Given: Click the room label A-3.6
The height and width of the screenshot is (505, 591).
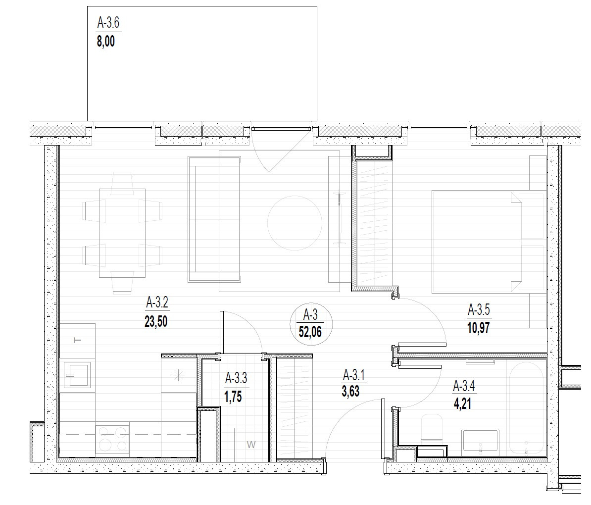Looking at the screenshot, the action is tap(108, 23).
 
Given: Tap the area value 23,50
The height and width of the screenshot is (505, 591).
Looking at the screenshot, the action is tap(155, 322).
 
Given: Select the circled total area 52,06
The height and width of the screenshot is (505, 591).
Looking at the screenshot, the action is tap(310, 332).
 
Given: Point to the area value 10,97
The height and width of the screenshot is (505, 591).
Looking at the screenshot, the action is tap(479, 328).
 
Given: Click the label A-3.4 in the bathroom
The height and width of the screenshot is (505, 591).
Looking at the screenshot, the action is tap(464, 386).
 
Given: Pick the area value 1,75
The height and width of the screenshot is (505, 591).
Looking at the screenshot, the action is tap(233, 397).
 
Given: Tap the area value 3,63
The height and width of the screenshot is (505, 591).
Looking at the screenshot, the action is tap(350, 391).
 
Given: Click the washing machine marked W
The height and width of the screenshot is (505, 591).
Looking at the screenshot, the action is tap(251, 444).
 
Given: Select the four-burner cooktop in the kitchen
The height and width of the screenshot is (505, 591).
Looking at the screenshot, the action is tap(112, 440).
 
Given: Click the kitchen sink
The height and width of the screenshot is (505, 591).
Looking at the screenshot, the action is tap(77, 375).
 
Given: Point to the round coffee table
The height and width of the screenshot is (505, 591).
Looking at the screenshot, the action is tap(295, 223).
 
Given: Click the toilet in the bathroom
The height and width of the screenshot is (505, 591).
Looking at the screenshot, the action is tap(432, 428).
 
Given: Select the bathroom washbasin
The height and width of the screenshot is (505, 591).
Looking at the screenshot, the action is tap(481, 440).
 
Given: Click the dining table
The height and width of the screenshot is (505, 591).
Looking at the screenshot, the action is tap(122, 233).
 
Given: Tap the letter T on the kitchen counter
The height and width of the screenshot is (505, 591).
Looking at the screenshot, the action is tap(77, 340).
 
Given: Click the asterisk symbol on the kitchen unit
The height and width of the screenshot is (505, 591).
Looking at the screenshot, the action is tap(178, 375).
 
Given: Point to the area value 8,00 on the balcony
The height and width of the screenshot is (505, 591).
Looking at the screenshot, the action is tap(106, 41).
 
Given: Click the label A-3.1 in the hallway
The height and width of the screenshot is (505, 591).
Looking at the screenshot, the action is tap(354, 376).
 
